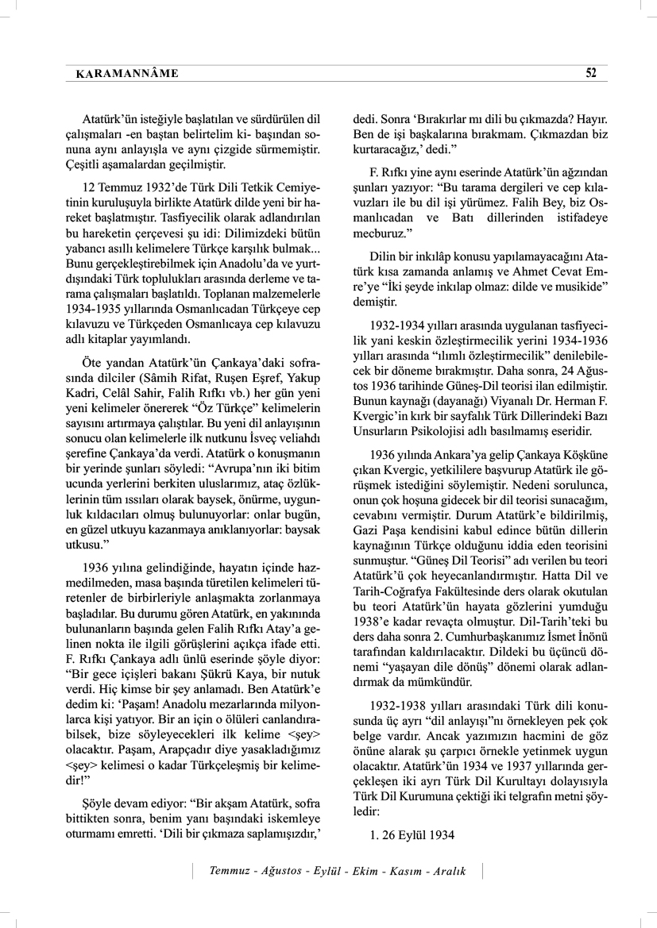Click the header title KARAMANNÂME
click(x=126, y=74)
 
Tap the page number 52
click(x=591, y=73)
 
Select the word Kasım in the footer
click(x=396, y=871)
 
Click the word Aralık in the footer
click(x=450, y=871)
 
